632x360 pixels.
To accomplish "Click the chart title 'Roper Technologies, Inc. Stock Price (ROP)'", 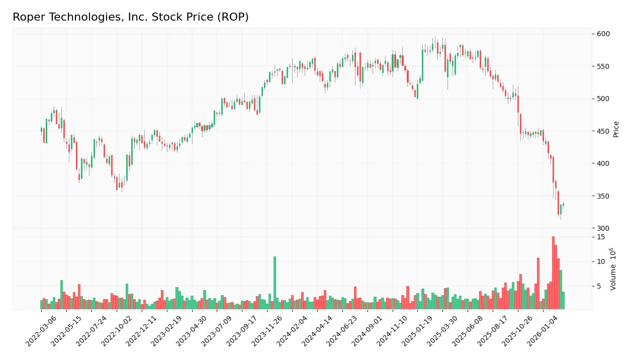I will pyautogui.click(x=131, y=17).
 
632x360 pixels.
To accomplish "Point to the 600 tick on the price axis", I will pyautogui.click(x=603, y=34).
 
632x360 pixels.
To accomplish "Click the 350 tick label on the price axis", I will pyautogui.click(x=603, y=196).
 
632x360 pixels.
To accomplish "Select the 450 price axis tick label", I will pyautogui.click(x=603, y=131).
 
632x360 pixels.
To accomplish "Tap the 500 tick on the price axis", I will pyautogui.click(x=603, y=99).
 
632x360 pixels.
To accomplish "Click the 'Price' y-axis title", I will pyautogui.click(x=616, y=129).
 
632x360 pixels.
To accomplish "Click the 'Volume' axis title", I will pyautogui.click(x=613, y=269).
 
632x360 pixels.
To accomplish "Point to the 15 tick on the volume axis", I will pyautogui.click(x=600, y=237).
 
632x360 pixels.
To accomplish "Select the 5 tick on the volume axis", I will pyautogui.click(x=599, y=287).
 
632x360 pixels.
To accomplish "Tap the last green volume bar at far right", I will pyautogui.click(x=563, y=300).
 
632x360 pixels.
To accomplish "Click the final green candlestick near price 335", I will pyautogui.click(x=563, y=205).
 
